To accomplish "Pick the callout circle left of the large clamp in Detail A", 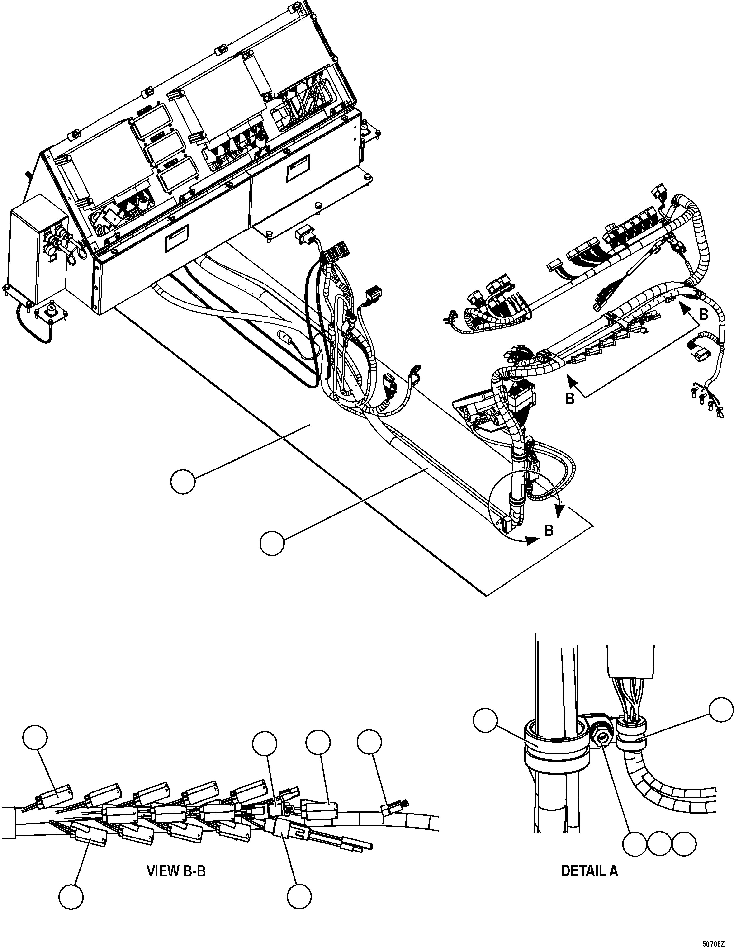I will [486, 720].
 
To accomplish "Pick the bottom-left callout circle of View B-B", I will [71, 897].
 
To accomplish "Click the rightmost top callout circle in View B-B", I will [369, 742].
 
